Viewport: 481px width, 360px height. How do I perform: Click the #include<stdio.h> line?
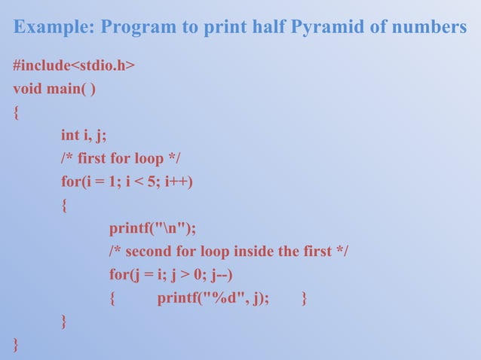(x=74, y=66)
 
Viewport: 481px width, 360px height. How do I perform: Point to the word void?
(x=28, y=90)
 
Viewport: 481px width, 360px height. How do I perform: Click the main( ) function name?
(x=71, y=90)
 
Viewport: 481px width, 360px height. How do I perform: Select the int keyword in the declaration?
(x=70, y=136)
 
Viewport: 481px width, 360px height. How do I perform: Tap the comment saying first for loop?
(x=121, y=159)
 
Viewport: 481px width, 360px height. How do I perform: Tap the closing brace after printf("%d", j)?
(x=303, y=298)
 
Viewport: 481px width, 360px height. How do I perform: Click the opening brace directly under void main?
(x=16, y=113)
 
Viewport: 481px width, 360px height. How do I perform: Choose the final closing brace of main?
(x=16, y=344)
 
